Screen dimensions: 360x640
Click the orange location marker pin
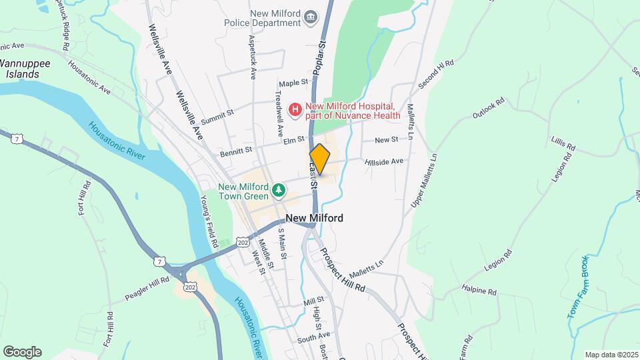click(320, 159)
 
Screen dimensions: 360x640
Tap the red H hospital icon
click(294, 108)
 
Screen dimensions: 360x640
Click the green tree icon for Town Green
click(279, 192)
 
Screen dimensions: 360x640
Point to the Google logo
click(22, 351)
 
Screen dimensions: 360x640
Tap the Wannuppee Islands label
click(24, 69)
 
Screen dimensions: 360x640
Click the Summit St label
click(217, 115)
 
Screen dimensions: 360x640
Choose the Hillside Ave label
click(384, 161)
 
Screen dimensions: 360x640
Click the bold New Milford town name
click(315, 218)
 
